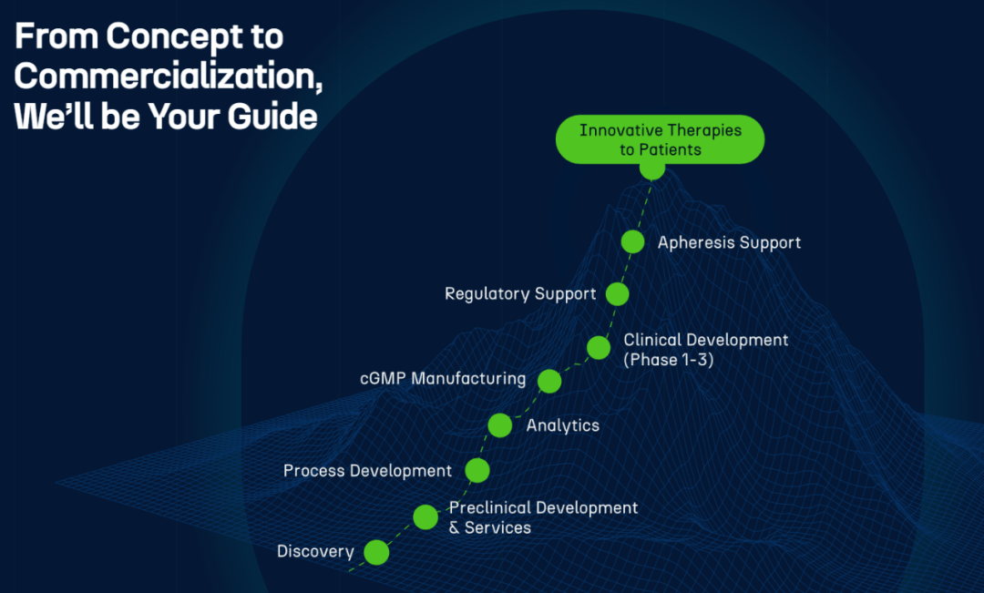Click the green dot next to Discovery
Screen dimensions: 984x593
click(x=376, y=552)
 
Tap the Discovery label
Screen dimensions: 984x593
click(x=315, y=552)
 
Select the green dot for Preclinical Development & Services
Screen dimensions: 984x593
click(x=425, y=517)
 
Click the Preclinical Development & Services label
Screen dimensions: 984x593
click(x=543, y=517)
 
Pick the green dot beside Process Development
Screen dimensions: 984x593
click(x=477, y=470)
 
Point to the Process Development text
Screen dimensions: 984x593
click(x=368, y=471)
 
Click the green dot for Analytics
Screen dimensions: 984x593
click(x=500, y=425)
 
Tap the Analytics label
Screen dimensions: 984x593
click(x=563, y=425)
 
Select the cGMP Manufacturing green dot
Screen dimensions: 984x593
click(x=549, y=381)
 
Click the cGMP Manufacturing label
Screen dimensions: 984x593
click(x=443, y=378)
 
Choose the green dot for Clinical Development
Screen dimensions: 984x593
click(x=599, y=347)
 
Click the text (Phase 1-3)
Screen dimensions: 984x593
click(x=669, y=360)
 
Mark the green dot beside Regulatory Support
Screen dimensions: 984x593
click(x=618, y=293)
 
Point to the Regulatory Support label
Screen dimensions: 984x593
click(x=520, y=294)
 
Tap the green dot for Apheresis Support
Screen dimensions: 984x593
click(x=632, y=241)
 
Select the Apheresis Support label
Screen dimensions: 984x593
click(x=729, y=243)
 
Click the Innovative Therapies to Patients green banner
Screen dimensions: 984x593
click(x=661, y=139)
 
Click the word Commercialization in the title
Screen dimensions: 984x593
click(x=169, y=77)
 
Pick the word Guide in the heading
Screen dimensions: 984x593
click(x=272, y=117)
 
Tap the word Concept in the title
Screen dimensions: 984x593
click(x=173, y=37)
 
